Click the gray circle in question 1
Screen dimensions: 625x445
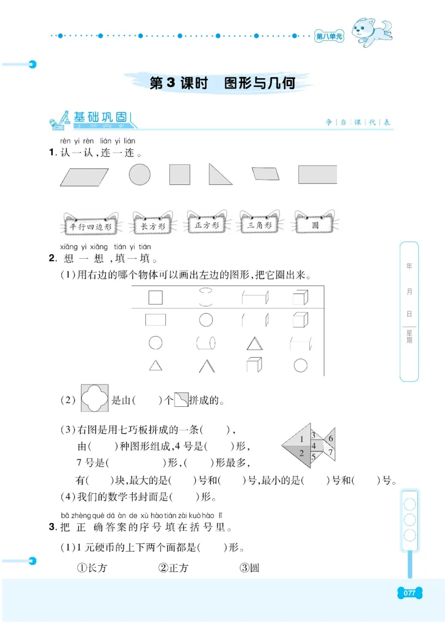tap(140, 174)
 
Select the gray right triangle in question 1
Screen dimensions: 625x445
tap(217, 176)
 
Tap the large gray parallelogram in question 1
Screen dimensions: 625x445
tap(85, 176)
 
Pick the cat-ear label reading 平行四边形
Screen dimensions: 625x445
tap(89, 227)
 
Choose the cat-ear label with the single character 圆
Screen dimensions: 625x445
tap(315, 225)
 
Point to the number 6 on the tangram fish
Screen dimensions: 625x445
tap(330, 439)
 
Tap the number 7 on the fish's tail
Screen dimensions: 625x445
tap(330, 452)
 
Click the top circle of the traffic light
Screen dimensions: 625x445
tap(410, 505)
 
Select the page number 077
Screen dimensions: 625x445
tap(409, 593)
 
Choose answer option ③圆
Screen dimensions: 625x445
tap(249, 568)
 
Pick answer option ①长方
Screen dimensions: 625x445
tap(91, 568)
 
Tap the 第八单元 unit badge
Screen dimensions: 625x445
tap(329, 37)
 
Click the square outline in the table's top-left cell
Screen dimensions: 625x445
tap(156, 297)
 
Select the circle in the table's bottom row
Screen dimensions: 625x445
tap(300, 365)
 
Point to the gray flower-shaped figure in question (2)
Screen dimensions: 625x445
tap(95, 398)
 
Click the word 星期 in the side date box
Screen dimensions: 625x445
tap(409, 339)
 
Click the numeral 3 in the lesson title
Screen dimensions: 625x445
tap(171, 83)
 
